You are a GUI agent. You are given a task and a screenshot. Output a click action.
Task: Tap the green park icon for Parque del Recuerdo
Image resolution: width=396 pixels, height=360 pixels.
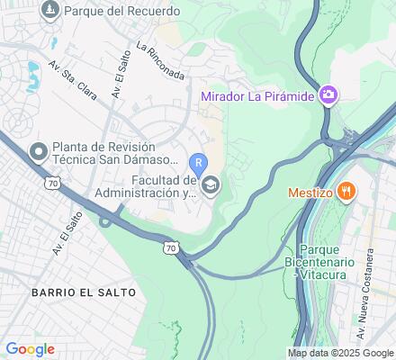pos(48,12)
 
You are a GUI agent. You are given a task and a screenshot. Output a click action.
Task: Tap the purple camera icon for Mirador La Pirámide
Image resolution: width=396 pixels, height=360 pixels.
pos(329,94)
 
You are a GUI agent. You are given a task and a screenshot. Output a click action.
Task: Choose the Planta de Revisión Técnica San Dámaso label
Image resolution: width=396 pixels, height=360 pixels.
pos(104,156)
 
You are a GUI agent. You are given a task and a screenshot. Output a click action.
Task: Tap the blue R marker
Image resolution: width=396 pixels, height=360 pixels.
pos(199,163)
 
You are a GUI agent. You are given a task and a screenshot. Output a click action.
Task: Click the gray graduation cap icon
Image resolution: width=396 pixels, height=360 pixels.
pos(211,186)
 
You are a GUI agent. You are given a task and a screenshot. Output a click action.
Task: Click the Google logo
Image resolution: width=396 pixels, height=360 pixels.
pos(30,349)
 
